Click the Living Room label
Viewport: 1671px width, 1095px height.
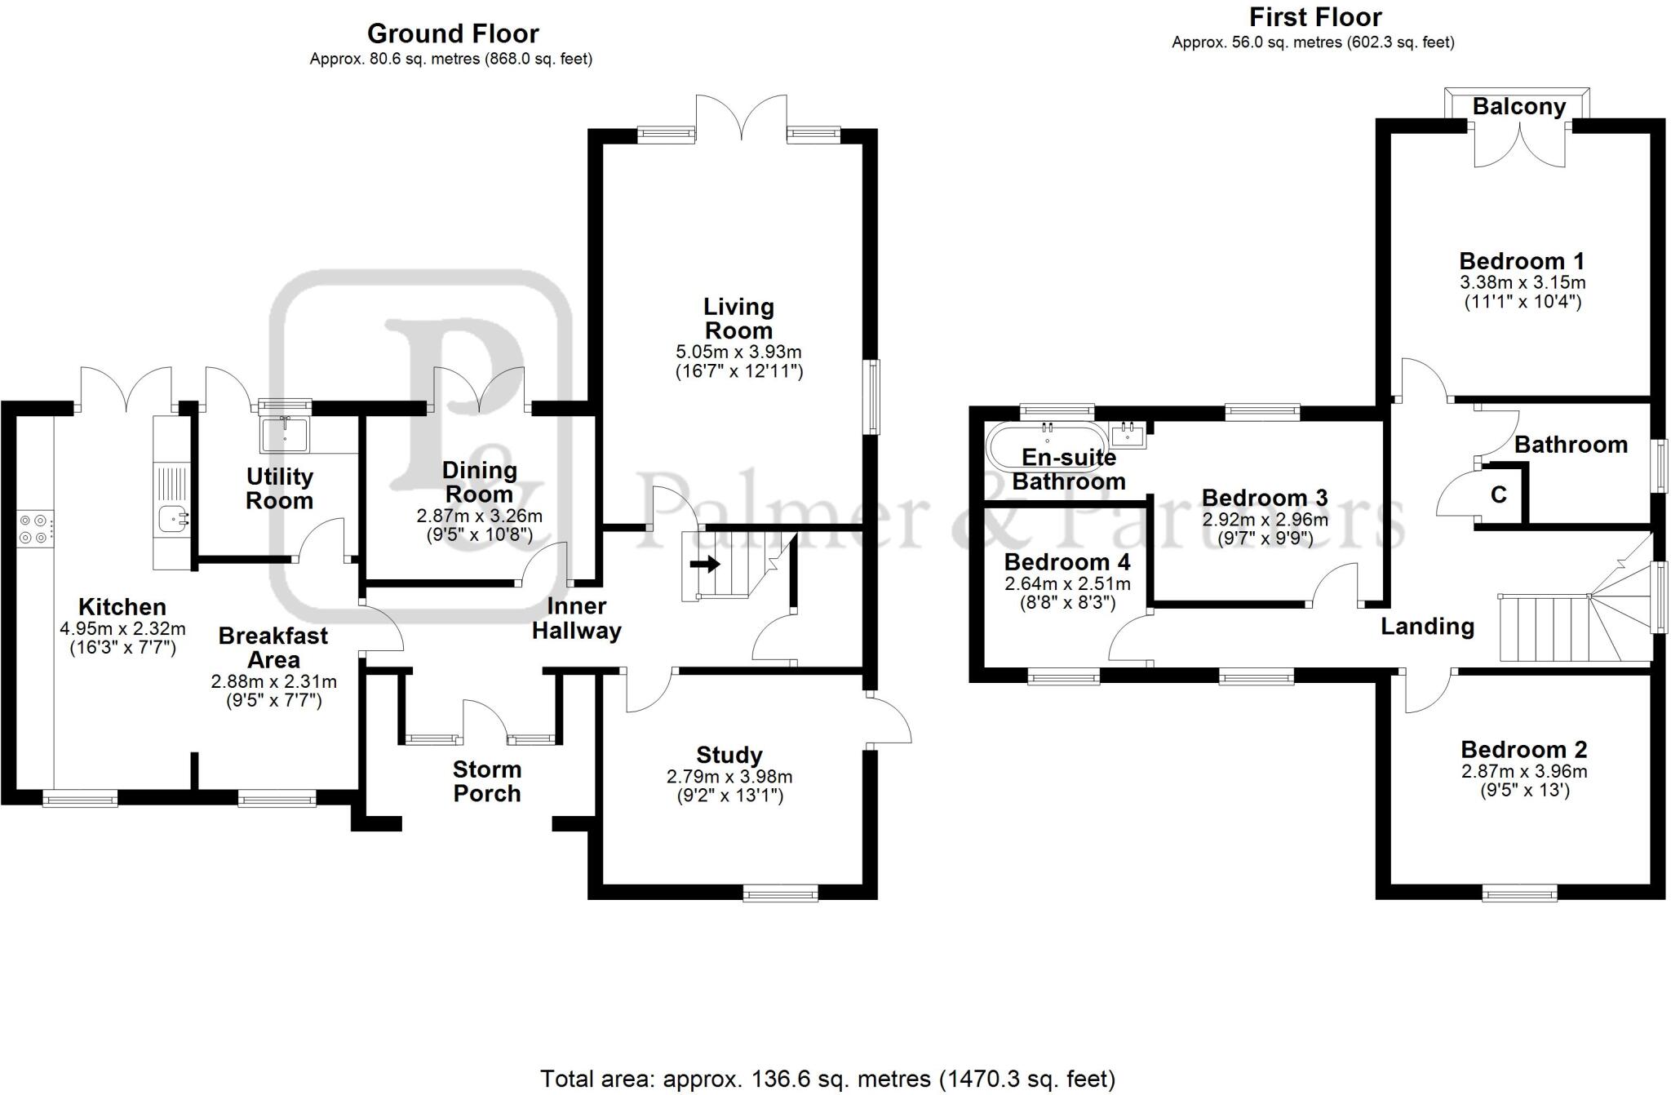tap(738, 319)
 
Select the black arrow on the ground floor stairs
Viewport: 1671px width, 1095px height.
tap(704, 564)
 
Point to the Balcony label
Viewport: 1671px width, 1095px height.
tap(1518, 107)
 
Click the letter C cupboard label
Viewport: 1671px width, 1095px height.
tap(1498, 494)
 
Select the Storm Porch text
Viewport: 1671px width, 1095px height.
tap(487, 781)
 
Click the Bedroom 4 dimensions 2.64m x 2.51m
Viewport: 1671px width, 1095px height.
tap(1067, 584)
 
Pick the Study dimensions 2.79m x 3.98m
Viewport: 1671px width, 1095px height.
tap(729, 777)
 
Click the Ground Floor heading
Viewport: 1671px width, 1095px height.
tap(453, 33)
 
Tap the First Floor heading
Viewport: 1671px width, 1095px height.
tap(1315, 17)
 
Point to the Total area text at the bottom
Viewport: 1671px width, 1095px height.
tap(827, 1079)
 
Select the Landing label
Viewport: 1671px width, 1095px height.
tap(1427, 626)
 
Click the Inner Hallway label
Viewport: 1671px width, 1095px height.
tap(577, 618)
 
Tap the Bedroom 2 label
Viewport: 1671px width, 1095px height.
tap(1523, 749)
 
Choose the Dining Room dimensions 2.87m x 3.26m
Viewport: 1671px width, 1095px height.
tap(479, 516)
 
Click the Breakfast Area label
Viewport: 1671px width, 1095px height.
tap(273, 647)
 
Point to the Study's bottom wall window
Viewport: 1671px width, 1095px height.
tap(781, 894)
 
